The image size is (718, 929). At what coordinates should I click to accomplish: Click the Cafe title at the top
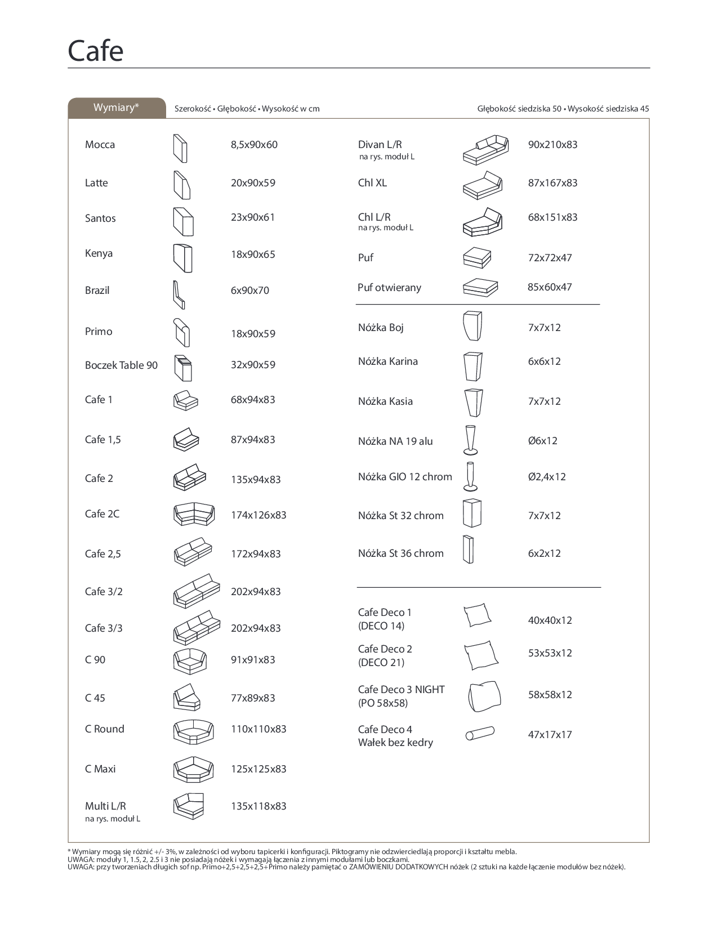(x=96, y=51)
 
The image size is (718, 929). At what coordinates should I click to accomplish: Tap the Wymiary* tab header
(x=116, y=108)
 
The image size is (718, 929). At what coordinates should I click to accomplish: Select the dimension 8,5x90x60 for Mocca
(x=254, y=145)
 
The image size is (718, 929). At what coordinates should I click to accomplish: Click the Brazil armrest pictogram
(x=179, y=295)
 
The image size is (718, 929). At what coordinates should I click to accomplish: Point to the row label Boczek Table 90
(x=121, y=365)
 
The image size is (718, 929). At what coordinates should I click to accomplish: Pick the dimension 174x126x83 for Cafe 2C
(x=258, y=515)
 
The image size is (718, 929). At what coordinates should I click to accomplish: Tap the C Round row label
(x=105, y=729)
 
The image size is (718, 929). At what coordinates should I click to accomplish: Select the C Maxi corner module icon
(x=193, y=770)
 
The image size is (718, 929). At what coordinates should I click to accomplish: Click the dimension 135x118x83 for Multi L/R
(x=258, y=806)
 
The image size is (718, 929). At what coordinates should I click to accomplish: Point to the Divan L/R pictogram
(x=485, y=150)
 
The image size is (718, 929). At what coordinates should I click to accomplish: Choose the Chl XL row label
(x=372, y=183)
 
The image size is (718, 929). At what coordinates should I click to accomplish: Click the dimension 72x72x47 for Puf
(x=550, y=258)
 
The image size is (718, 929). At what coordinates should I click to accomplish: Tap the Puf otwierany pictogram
(x=480, y=288)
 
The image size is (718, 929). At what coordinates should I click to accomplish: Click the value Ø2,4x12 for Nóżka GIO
(x=547, y=477)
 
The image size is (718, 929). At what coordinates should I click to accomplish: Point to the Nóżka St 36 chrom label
(x=400, y=553)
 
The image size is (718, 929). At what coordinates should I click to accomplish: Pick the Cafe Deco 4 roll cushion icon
(x=480, y=734)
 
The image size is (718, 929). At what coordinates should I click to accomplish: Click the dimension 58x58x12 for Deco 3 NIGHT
(x=550, y=695)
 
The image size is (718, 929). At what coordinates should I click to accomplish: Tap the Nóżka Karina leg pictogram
(x=473, y=367)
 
